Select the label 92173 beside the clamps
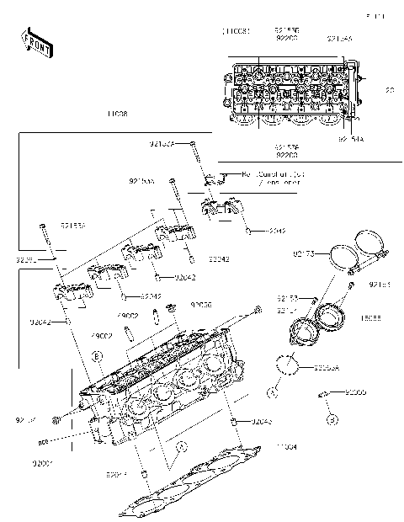tap(304, 252)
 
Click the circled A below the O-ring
tap(274, 392)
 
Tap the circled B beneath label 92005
tap(332, 418)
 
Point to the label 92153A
tap(162, 145)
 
